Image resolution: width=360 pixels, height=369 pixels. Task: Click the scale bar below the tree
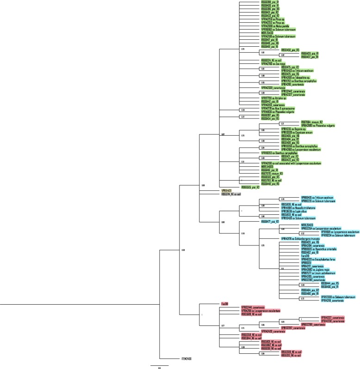(159, 366)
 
